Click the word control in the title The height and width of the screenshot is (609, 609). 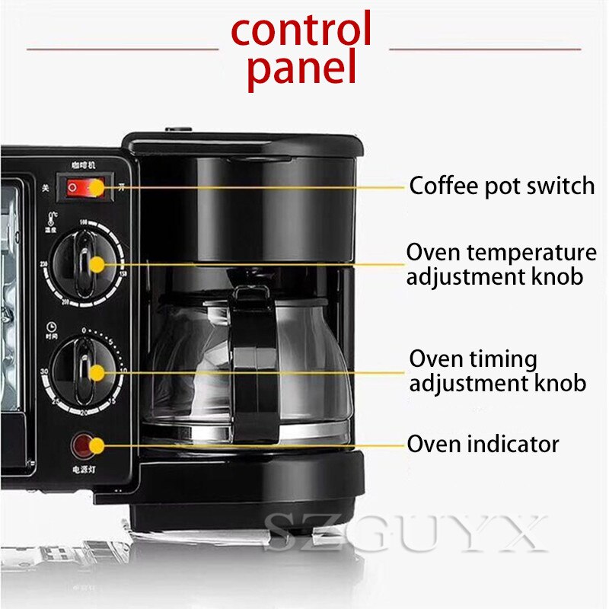click(x=301, y=30)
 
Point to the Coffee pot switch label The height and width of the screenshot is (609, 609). click(x=502, y=186)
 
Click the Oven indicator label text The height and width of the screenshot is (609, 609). click(x=483, y=444)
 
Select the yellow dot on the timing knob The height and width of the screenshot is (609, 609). click(x=97, y=372)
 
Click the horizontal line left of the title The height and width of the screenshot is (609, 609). click(x=122, y=49)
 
